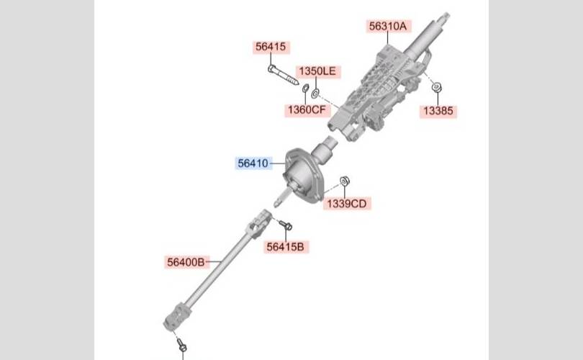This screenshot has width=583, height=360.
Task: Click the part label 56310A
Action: coord(388,27)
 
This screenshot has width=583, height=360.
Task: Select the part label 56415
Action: coord(271,47)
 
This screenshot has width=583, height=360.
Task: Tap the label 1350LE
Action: coord(317,71)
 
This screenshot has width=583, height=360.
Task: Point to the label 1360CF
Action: coord(307,110)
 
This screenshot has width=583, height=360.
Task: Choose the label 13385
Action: coord(438,111)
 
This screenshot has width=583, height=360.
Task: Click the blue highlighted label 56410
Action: coord(253,163)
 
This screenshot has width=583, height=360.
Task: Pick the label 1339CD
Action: coord(347,204)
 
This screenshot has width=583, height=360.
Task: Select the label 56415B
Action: coord(286,247)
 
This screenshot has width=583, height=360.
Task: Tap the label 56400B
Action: coord(186,262)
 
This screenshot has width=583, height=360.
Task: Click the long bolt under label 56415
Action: coord(283,75)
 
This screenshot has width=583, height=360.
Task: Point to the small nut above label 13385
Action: coord(436,87)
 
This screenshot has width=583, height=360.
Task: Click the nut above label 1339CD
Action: coord(345,181)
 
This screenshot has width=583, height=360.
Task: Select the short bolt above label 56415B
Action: coord(286,225)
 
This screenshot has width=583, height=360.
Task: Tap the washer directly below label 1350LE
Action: coord(315,94)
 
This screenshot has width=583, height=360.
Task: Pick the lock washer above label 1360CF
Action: coord(305,88)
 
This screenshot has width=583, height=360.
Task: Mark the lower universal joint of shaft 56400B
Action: coord(175,318)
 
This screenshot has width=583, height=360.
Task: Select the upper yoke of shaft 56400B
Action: coord(259,222)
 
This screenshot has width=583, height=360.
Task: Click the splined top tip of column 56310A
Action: coord(444,17)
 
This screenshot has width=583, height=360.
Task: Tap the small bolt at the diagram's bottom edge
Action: coord(181,345)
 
